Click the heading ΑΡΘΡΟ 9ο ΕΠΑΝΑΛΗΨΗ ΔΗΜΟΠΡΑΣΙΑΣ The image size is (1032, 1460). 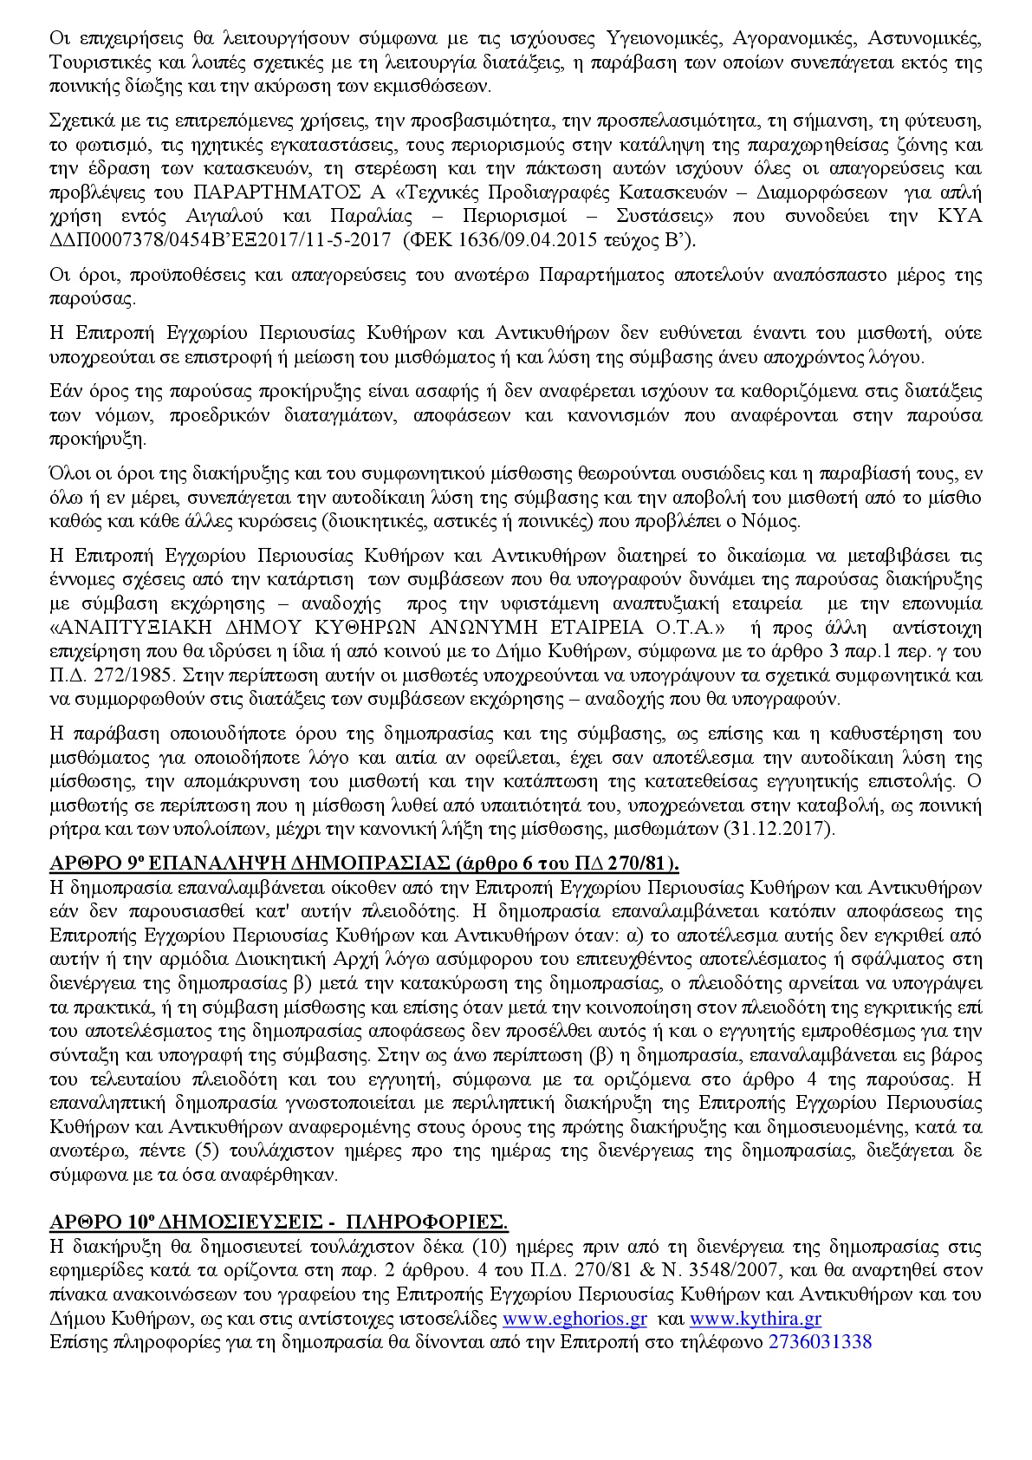click(x=365, y=864)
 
